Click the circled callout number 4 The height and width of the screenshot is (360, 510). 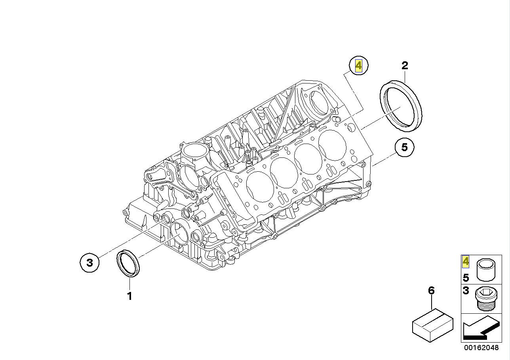pyautogui.click(x=358, y=66)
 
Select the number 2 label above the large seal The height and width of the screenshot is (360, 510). pyautogui.click(x=404, y=66)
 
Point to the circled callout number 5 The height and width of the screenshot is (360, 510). pyautogui.click(x=404, y=147)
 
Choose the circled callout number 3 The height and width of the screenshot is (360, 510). pyautogui.click(x=90, y=262)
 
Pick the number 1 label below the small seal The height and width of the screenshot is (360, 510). pyautogui.click(x=129, y=296)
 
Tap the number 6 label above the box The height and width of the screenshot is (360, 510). pyautogui.click(x=431, y=291)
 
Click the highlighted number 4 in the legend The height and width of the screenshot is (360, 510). pyautogui.click(x=466, y=261)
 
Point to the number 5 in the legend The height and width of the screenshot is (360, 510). pyautogui.click(x=466, y=278)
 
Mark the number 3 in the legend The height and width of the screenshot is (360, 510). pyautogui.click(x=466, y=291)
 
